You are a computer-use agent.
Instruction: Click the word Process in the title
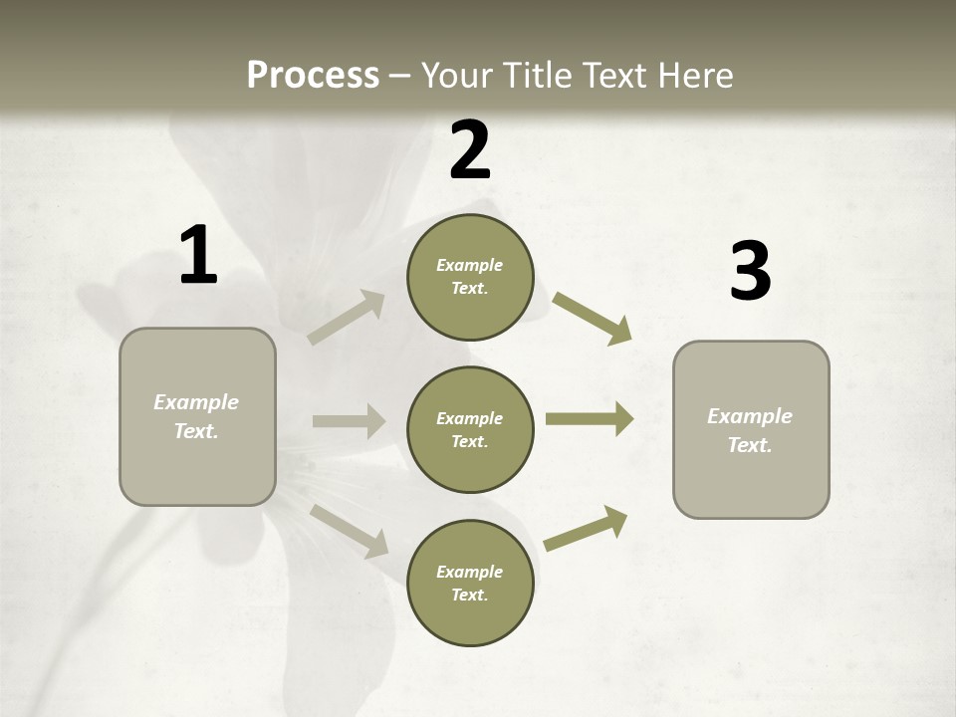tap(313, 76)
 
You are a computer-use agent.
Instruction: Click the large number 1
tap(198, 256)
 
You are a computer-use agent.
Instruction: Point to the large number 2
tap(470, 150)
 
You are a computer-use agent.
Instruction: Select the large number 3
tap(750, 272)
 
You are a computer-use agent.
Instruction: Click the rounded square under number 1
tap(197, 416)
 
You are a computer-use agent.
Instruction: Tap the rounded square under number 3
tap(751, 430)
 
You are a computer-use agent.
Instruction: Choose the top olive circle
tap(470, 277)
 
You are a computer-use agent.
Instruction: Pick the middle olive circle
tap(470, 429)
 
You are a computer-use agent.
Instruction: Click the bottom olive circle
tap(470, 583)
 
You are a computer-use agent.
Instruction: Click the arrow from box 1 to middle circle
tap(349, 421)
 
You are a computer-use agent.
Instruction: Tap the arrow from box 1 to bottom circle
tap(350, 530)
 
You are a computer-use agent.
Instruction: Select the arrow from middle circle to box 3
tap(590, 419)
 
